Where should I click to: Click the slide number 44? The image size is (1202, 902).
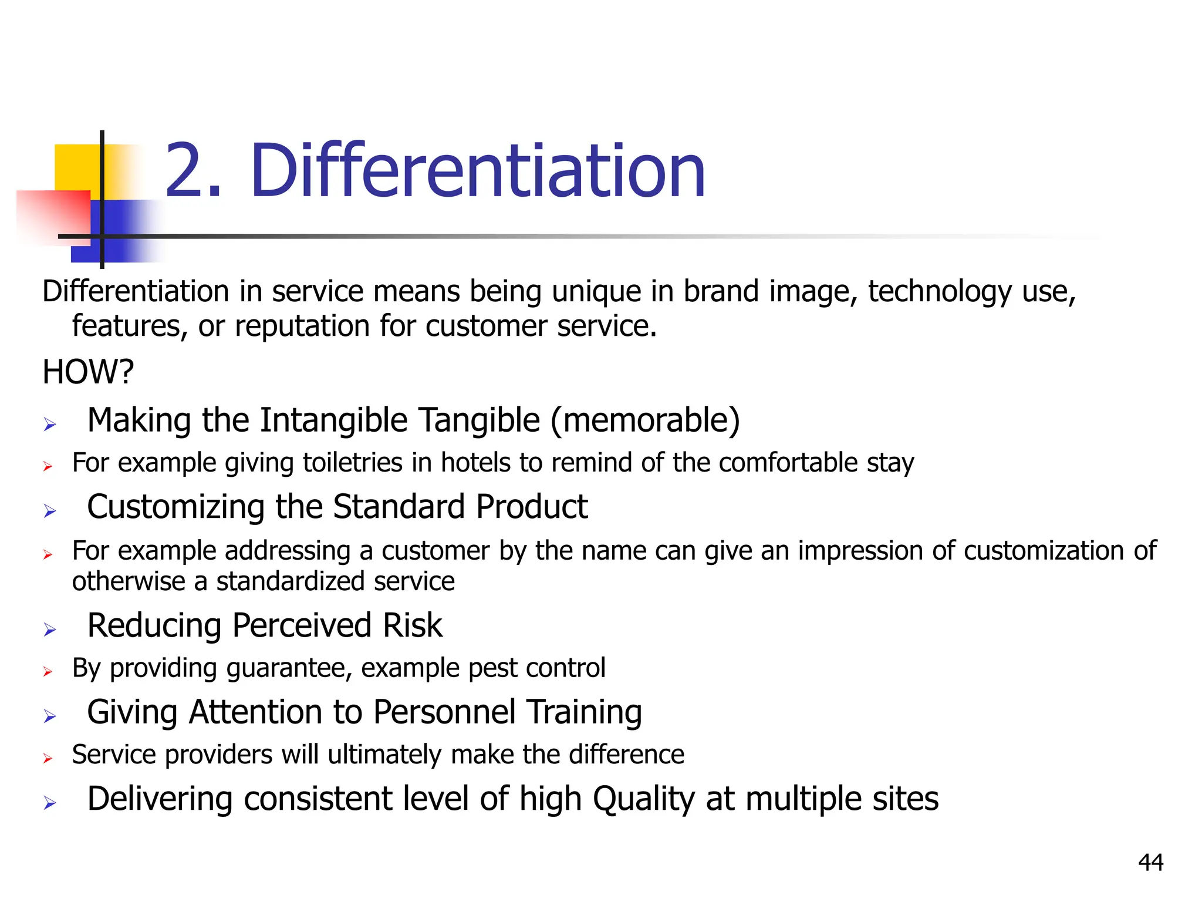click(x=1150, y=863)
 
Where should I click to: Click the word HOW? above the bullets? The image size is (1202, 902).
click(x=88, y=372)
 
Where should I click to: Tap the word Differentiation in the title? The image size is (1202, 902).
click(x=477, y=171)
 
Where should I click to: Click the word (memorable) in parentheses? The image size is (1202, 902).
click(x=645, y=420)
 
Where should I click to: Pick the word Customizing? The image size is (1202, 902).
click(x=175, y=507)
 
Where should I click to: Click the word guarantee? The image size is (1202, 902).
click(x=289, y=668)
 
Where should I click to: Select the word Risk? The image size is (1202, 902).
click(x=412, y=625)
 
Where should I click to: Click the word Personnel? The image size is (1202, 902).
click(x=444, y=712)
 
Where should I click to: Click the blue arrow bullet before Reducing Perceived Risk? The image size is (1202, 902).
click(x=50, y=630)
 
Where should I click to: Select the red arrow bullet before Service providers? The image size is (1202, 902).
click(x=48, y=759)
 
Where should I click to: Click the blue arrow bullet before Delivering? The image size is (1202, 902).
click(x=50, y=803)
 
